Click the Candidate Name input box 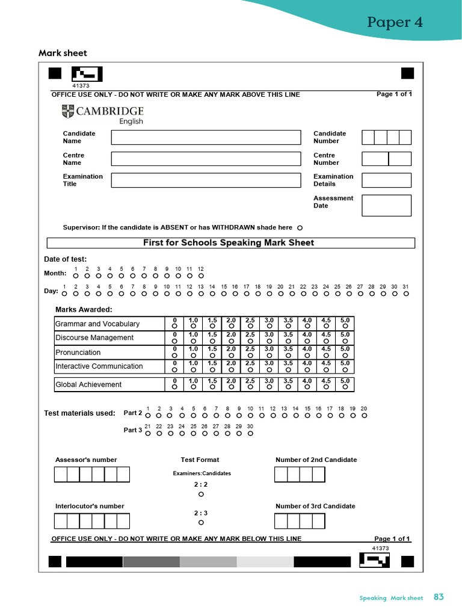click(x=206, y=137)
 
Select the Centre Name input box click(x=206, y=159)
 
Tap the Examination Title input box click(x=206, y=180)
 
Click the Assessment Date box click(x=386, y=205)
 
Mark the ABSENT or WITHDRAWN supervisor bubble click(x=300, y=228)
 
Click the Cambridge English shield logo click(x=67, y=111)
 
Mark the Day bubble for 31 click(x=406, y=294)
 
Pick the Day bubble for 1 click(x=64, y=294)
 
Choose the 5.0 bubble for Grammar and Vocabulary click(x=345, y=327)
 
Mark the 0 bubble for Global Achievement click(x=174, y=388)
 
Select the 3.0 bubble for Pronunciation click(x=269, y=356)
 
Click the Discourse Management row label click(x=94, y=338)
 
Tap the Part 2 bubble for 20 click(x=364, y=415)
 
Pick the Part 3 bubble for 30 click(x=250, y=433)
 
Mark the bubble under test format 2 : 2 click(x=201, y=494)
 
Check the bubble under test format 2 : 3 click(x=201, y=523)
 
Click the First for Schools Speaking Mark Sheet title click(x=229, y=243)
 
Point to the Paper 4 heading click(x=395, y=22)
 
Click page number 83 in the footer click(x=439, y=597)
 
